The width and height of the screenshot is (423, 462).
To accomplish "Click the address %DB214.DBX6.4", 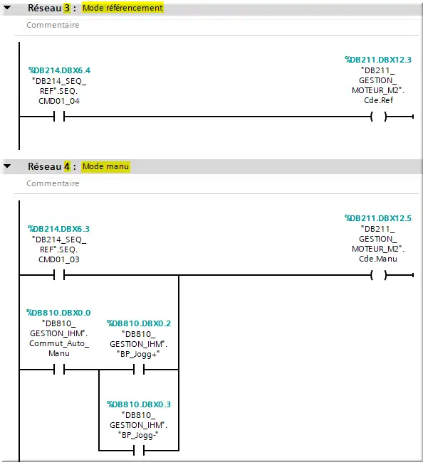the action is [59, 70].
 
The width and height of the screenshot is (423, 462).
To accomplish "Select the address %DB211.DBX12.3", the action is [378, 60].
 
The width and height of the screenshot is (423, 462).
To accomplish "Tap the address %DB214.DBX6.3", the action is [58, 229].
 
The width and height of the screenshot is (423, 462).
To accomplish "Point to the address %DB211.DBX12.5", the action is [378, 218].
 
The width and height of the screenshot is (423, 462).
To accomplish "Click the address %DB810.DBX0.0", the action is [58, 313].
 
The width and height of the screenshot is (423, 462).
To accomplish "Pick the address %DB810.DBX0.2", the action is [139, 323].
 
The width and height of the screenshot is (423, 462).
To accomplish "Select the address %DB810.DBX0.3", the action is [139, 404].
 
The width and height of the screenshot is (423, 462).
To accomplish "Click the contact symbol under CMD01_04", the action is [59, 117].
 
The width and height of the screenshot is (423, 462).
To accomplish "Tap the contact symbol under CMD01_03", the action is [59, 275].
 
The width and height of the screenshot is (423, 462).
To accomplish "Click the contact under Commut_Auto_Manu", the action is [59, 369].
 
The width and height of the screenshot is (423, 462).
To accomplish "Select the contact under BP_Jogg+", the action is [139, 369].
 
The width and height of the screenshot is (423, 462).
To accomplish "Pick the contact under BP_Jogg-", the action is [139, 451].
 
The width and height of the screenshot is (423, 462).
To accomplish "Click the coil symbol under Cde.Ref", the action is [378, 117].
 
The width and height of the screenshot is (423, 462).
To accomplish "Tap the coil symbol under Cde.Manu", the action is [378, 275].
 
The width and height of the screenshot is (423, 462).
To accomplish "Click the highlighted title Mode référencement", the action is [122, 8].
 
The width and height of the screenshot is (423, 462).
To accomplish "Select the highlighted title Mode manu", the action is [105, 166].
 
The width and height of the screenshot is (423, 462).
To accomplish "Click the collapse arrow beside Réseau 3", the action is [7, 8].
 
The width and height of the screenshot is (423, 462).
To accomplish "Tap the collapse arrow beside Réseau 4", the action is [7, 166].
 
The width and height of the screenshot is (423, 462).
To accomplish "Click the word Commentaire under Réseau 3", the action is [53, 25].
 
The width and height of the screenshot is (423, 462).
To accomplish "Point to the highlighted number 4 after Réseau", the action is [68, 166].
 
